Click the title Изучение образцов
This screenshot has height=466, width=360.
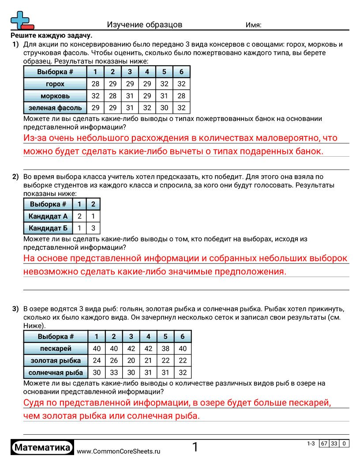144,25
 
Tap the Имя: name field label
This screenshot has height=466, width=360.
253,25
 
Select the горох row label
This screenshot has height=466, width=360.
55,84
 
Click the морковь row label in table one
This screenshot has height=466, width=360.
55,96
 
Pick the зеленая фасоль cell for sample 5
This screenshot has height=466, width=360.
164,108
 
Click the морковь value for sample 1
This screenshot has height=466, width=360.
95,96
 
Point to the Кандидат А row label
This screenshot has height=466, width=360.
48,216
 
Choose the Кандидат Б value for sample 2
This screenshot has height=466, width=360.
93,228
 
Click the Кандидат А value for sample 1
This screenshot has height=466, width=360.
79,216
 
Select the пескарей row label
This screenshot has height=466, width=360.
56,349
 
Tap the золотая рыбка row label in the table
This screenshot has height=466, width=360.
56,361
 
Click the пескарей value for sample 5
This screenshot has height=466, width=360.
165,349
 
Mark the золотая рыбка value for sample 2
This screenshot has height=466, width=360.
114,361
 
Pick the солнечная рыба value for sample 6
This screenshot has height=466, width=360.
183,372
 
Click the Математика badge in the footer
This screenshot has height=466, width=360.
42,448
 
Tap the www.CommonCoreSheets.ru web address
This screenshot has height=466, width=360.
119,451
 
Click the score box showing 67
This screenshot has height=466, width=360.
324,443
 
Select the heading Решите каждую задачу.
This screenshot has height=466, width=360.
52,36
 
